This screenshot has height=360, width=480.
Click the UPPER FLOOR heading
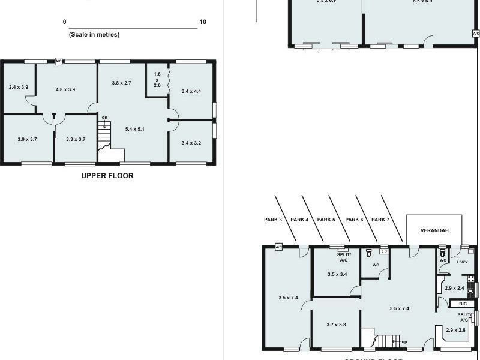[107, 176]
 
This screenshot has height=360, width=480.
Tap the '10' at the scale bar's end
[203, 22]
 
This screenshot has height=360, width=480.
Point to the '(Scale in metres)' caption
[94, 35]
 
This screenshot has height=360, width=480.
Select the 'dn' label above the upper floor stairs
[104, 118]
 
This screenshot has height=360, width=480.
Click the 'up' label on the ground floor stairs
[404, 341]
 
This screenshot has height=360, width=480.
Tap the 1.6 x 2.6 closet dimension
[157, 79]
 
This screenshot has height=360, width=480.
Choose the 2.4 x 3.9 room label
[18, 88]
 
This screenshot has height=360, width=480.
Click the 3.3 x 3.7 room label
[76, 139]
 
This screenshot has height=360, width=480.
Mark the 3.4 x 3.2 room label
[191, 143]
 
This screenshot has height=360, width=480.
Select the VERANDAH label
[434, 230]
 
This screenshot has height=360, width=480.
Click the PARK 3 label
[272, 220]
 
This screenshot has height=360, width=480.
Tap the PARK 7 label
[380, 220]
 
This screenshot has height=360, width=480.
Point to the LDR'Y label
[462, 262]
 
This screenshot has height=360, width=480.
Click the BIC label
[463, 304]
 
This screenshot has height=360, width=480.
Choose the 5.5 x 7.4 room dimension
[399, 308]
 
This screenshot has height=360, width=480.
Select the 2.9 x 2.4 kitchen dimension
[454, 288]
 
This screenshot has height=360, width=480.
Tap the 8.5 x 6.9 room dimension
[422, 2]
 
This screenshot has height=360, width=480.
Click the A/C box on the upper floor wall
[59, 61]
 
